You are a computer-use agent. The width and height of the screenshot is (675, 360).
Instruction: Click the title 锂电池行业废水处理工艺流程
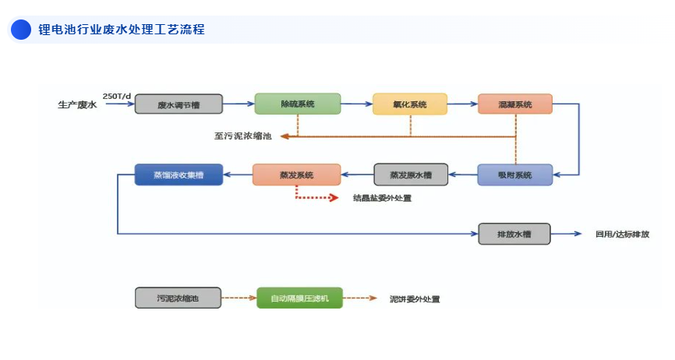pos(121,30)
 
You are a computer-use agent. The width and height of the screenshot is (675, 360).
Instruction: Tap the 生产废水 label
pos(77,104)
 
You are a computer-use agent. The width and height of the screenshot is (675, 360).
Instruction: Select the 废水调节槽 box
pos(178,104)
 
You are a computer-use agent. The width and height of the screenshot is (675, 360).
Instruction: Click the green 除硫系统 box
pos(297,104)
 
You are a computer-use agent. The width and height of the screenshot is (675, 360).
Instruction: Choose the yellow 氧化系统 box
pos(410,104)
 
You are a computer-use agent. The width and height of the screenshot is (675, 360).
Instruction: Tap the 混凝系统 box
pos(515,104)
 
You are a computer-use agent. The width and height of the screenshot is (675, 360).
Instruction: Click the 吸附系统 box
pos(514,175)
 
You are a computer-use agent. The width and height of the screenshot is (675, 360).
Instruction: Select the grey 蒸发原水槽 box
pos(411,175)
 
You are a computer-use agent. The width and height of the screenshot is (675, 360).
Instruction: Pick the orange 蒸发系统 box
pos(296,175)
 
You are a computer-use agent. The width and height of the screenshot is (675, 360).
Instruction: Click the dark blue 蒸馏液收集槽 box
pos(178,175)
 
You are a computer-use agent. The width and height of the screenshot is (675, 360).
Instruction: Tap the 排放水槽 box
pos(514,234)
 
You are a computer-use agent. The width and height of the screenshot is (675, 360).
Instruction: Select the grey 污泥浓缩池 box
pos(178,298)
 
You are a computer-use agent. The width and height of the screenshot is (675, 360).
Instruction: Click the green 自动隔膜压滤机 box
pos(299,298)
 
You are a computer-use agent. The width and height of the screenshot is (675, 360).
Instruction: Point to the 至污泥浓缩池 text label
pos(243,136)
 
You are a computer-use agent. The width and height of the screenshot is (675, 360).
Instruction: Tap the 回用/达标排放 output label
pos(622,234)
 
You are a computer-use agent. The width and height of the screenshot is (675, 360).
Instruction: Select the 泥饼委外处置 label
pos(415,298)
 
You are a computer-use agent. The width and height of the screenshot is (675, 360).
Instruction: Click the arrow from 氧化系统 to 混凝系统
pos(463,104)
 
